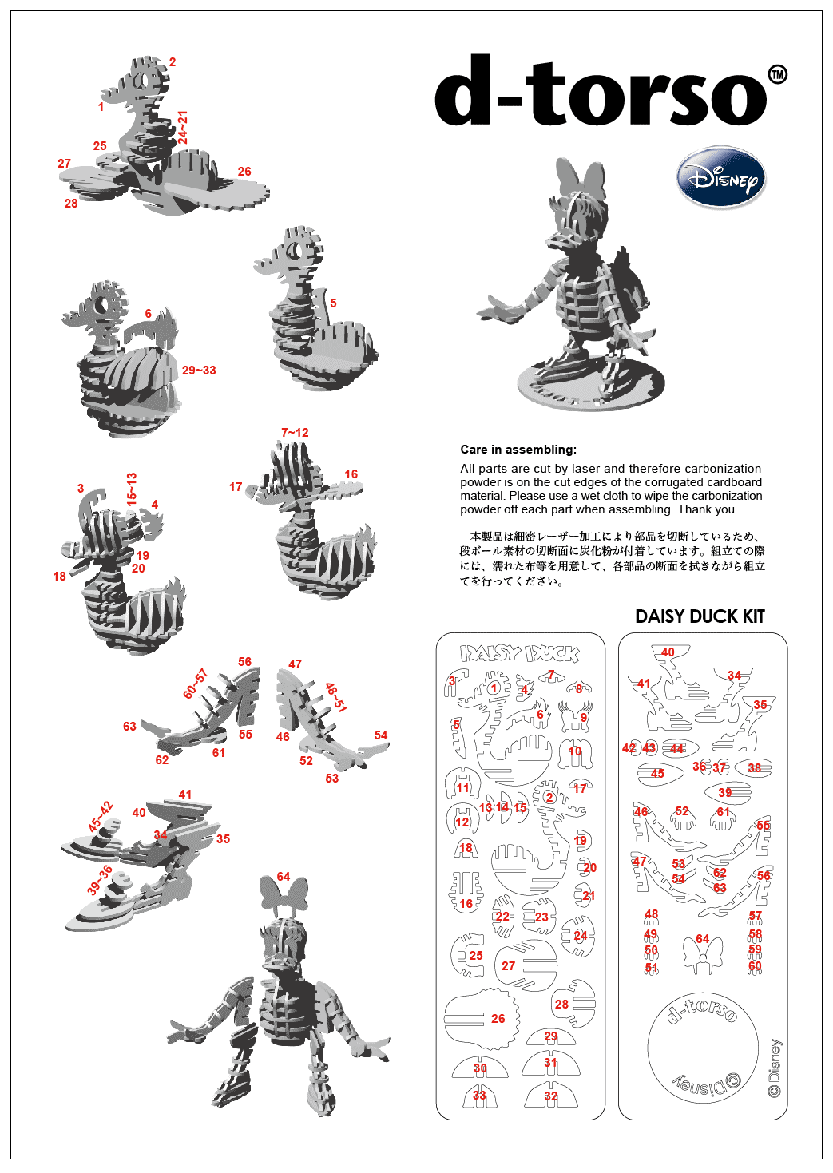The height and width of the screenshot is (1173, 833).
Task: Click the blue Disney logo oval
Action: click(721, 179)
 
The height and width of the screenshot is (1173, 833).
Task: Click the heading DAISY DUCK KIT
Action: click(700, 616)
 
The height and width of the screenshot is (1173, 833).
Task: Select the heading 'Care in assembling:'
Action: click(518, 450)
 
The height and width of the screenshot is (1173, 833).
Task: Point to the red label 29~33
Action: click(199, 371)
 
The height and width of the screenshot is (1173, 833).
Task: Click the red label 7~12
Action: click(295, 433)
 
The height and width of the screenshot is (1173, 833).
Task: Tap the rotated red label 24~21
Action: click(182, 127)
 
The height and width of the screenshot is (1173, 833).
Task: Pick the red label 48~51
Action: click(335, 697)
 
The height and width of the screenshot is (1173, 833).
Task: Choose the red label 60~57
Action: click(196, 684)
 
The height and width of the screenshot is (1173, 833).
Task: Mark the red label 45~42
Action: click(100, 817)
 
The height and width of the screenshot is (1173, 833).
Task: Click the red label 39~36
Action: click(100, 880)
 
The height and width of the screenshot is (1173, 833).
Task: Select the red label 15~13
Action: click(132, 489)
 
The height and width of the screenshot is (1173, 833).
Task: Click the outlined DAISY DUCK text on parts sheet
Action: click(519, 653)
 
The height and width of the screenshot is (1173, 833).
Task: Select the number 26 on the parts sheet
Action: click(498, 1019)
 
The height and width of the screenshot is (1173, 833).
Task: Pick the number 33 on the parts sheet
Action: click(479, 1096)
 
